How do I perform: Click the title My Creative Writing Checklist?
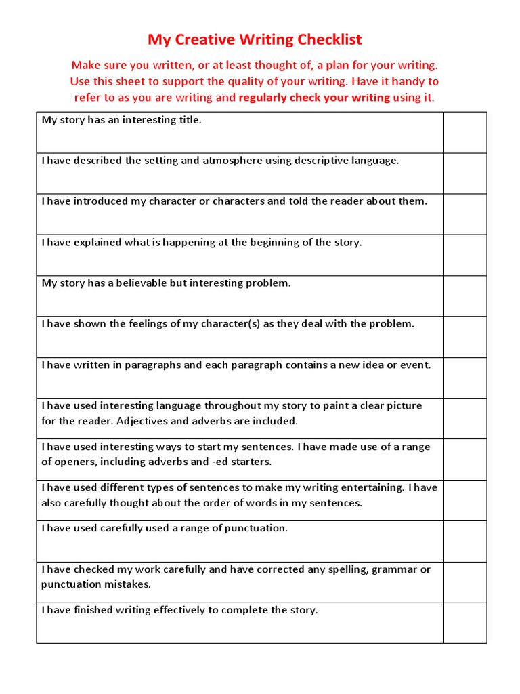click(x=255, y=40)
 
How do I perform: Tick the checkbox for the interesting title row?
click(x=465, y=132)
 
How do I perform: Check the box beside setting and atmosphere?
click(x=465, y=173)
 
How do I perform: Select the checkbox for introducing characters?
click(x=465, y=214)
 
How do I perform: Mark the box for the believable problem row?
click(x=465, y=295)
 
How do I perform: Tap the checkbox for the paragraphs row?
click(x=465, y=377)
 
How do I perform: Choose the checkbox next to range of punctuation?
click(x=465, y=541)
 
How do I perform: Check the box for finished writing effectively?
click(x=465, y=623)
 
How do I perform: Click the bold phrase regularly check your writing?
click(x=314, y=98)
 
